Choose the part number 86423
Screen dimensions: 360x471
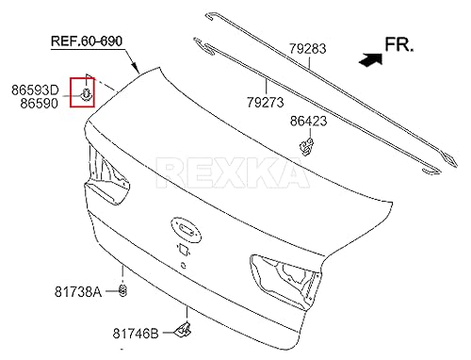point(309,121)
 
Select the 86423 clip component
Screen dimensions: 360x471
point(305,144)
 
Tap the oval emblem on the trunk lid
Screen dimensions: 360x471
point(184,226)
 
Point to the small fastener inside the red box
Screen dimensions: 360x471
point(87,94)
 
